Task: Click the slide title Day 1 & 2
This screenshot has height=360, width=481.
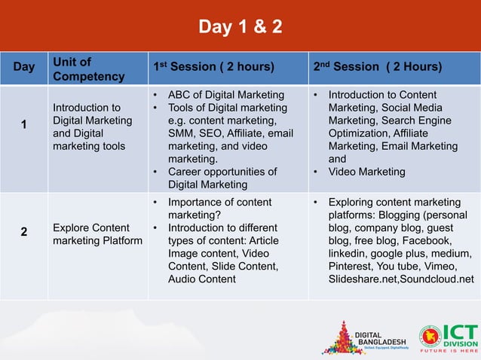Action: (x=240, y=28)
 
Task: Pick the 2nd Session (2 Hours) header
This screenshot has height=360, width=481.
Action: (x=378, y=67)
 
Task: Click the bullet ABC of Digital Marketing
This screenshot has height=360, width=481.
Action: (x=225, y=95)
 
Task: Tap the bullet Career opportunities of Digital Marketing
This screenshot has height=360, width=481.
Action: (x=222, y=178)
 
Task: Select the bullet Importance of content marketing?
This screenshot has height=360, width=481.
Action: (x=219, y=209)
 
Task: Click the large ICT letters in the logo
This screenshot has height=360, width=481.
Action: (x=460, y=332)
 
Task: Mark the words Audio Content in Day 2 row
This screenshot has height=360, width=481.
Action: (x=202, y=279)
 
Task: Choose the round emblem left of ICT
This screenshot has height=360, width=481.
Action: (x=430, y=337)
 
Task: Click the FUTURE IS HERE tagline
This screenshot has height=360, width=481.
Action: (x=449, y=351)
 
